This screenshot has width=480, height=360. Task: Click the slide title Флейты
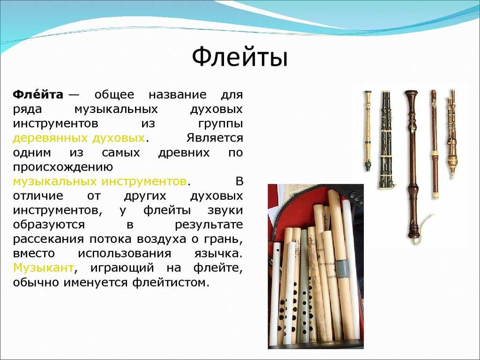coord(240,57)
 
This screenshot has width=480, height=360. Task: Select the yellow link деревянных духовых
coord(79,138)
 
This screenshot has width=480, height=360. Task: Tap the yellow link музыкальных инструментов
coord(100,181)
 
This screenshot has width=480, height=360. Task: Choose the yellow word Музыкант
coord(44,268)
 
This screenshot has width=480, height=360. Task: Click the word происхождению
coord(63,167)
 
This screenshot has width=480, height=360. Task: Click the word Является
coord(215,138)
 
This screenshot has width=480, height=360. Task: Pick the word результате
coord(209,225)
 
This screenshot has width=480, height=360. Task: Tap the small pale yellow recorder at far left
coord(367,131)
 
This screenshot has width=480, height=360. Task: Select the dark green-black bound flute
coord(386,140)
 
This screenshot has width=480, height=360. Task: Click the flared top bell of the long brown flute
coord(411,93)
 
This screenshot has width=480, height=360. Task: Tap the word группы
coord(220,124)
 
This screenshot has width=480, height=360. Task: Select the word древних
coord(184,153)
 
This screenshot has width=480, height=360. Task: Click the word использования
coord(124,254)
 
